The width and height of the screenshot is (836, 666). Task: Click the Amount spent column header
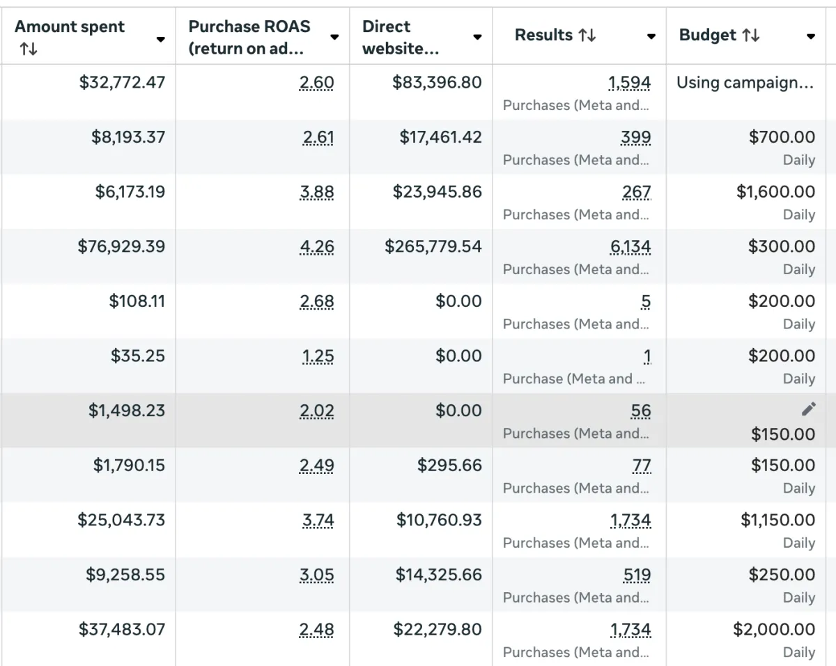pos(70,27)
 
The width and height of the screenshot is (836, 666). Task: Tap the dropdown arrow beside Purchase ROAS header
pos(334,37)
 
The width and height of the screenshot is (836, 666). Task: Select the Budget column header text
pos(707,35)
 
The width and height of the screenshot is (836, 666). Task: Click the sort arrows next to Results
pos(587,35)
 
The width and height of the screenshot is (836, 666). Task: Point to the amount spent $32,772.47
pos(122,83)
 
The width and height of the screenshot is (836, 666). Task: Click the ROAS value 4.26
pos(316,247)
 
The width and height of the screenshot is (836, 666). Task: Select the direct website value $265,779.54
pos(433,247)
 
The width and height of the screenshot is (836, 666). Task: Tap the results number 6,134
pos(630,247)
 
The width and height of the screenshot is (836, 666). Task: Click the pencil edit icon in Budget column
pos(808,409)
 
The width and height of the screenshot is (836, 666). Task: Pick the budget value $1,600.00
pos(775,192)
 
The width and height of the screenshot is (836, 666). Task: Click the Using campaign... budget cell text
pos(745,83)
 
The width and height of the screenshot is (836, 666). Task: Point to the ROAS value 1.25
pos(318,356)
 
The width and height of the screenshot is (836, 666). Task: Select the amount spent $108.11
pos(137,301)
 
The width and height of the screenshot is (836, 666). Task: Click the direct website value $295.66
pos(449,466)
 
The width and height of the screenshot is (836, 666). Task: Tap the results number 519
pos(637,576)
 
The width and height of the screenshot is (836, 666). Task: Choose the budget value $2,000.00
pos(773,630)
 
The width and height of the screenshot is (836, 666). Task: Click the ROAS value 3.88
pos(317,192)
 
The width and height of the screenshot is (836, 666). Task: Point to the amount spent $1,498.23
pos(126,411)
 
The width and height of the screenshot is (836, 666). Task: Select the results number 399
pos(636,138)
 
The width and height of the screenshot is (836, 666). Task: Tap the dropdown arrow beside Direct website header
pos(477,37)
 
